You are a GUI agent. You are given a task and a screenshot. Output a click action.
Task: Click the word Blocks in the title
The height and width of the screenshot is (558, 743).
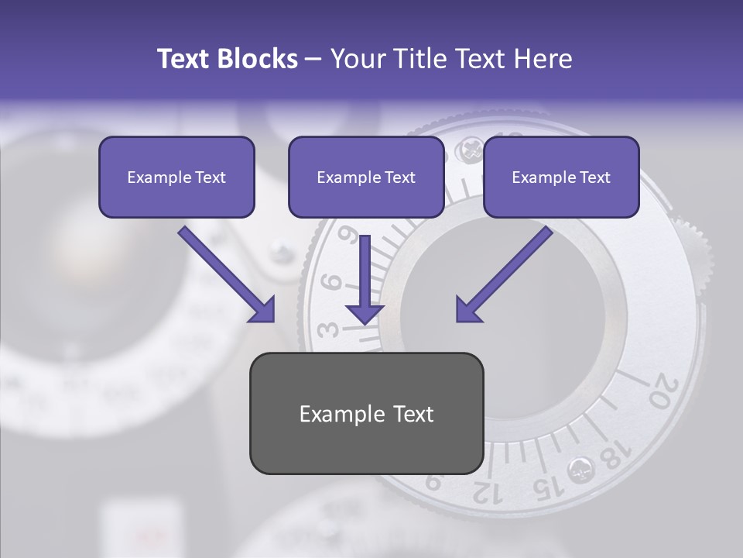point(259,59)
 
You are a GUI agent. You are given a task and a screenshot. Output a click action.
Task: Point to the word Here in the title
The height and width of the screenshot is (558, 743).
point(542,59)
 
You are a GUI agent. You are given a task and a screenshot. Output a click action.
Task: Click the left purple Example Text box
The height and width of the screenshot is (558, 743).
point(176,177)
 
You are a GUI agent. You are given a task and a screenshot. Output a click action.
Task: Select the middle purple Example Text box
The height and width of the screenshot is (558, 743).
point(366,177)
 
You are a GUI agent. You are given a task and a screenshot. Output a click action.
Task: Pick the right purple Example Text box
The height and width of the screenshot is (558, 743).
point(561,177)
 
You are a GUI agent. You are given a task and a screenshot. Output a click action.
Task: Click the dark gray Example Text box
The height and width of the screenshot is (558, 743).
point(366,413)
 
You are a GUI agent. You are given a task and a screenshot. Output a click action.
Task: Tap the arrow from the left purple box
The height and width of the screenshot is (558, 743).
point(228,275)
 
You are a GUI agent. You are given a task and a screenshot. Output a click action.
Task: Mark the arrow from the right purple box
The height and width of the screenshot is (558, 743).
point(502,275)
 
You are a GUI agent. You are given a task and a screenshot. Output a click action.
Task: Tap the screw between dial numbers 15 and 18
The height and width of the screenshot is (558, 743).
point(580,468)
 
